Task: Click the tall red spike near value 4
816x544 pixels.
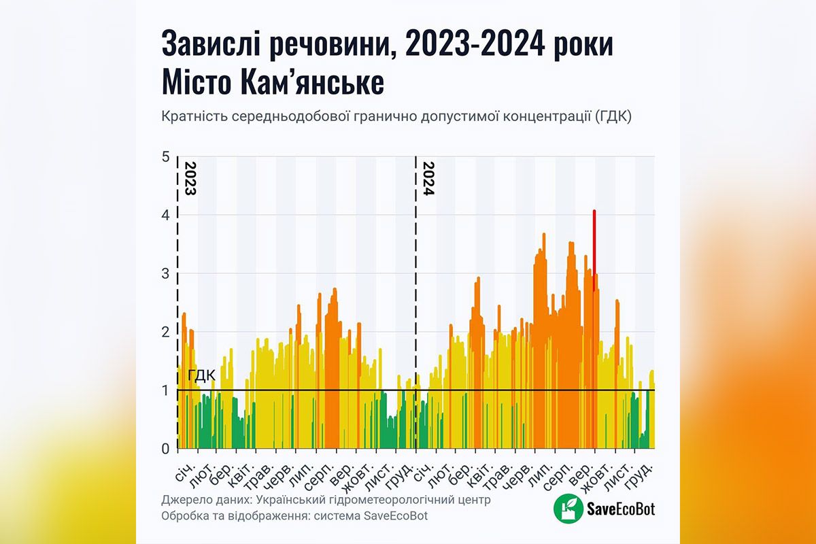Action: click(x=594, y=245)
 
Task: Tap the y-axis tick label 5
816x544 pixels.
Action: click(x=165, y=157)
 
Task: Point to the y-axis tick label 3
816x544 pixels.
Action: click(x=165, y=274)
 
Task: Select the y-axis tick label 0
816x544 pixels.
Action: click(x=165, y=449)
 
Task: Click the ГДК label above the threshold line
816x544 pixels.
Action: click(x=201, y=376)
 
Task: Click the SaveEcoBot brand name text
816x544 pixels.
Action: click(x=619, y=509)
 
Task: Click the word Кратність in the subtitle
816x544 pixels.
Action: click(x=192, y=117)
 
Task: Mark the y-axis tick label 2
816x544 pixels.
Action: click(x=165, y=333)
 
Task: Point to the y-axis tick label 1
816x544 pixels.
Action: click(x=165, y=390)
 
